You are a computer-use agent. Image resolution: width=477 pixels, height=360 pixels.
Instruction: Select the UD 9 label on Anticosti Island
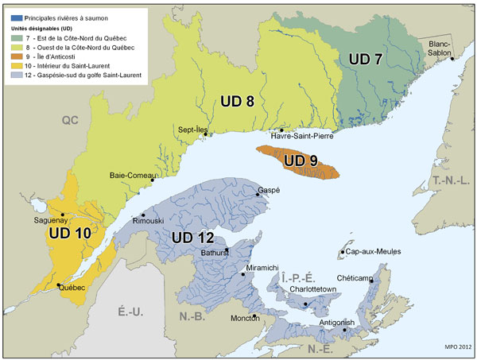(301, 161)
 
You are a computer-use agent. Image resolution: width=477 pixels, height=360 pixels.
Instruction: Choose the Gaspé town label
(270, 191)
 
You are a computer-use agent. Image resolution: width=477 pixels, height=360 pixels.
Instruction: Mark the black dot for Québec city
(59, 285)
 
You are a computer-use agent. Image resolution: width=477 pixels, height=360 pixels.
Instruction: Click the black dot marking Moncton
(255, 316)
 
